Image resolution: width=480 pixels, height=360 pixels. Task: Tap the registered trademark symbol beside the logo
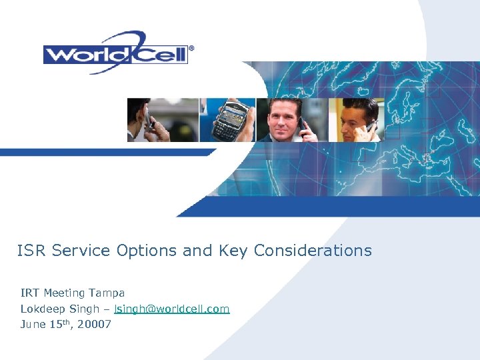tap(192, 48)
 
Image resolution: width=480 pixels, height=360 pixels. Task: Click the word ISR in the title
tap(32, 251)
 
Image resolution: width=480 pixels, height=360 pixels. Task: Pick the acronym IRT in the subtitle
tap(30, 293)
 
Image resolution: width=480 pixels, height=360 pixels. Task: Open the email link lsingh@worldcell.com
tap(172, 309)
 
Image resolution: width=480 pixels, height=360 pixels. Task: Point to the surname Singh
tap(86, 309)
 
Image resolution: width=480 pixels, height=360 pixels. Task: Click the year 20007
tap(94, 325)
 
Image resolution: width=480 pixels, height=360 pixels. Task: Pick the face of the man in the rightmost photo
tap(352, 117)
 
